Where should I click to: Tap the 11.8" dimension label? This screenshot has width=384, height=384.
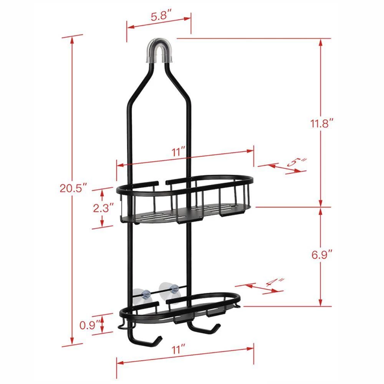(x=321, y=124)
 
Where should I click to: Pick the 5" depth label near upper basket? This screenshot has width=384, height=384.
(x=297, y=162)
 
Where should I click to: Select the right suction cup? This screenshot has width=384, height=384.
(x=171, y=288)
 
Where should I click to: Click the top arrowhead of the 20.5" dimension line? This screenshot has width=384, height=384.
(x=72, y=38)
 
